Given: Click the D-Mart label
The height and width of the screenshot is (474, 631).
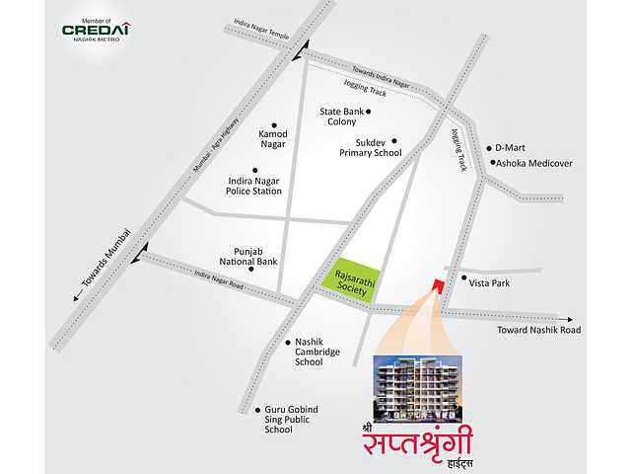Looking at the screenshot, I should tap(510, 147).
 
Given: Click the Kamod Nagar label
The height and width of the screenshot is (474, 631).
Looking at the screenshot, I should tap(271, 137).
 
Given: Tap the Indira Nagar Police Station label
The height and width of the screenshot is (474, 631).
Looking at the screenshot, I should tap(254, 186).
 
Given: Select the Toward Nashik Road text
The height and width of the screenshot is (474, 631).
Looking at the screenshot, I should tap(538, 330).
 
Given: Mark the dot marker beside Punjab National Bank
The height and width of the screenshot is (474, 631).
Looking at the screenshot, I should tap(251, 269).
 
